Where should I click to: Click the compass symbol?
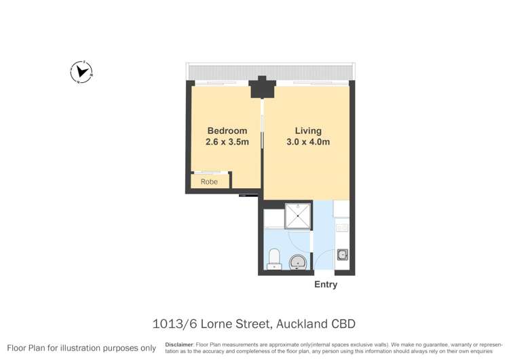(81, 71)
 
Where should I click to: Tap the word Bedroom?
(227, 130)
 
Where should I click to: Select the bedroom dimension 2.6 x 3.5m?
(227, 142)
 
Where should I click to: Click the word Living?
(308, 130)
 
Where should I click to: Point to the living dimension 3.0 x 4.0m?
(308, 142)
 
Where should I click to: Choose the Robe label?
(209, 182)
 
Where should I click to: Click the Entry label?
(326, 285)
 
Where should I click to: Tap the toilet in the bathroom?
(275, 259)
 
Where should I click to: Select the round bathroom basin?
(297, 262)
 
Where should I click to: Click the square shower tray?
(297, 215)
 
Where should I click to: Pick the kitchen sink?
(343, 255)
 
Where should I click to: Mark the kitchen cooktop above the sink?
(341, 228)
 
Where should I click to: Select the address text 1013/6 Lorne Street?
(211, 324)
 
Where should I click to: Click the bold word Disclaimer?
(178, 344)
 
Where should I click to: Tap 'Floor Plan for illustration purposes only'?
(81, 348)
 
